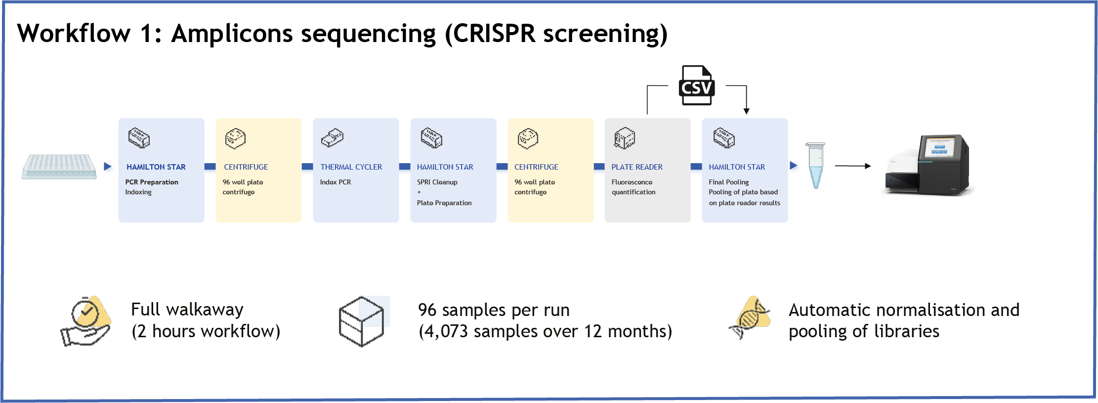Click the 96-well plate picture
[x=59, y=167]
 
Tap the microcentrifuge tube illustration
[x=815, y=166]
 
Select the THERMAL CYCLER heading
[x=351, y=167]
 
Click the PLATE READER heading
[x=636, y=167]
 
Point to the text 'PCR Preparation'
[x=152, y=182]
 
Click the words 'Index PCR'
[x=336, y=182]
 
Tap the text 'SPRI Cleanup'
[x=437, y=182]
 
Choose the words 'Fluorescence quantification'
[x=633, y=187]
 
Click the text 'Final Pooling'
[x=728, y=182]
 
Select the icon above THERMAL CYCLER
[x=332, y=138]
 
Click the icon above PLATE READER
[x=625, y=138]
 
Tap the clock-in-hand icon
[x=86, y=321]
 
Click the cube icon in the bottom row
[x=362, y=321]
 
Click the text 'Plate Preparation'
[x=444, y=203]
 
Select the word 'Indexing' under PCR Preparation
[x=138, y=192]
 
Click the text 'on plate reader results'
[x=744, y=203]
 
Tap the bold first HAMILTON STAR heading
[x=156, y=167]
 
